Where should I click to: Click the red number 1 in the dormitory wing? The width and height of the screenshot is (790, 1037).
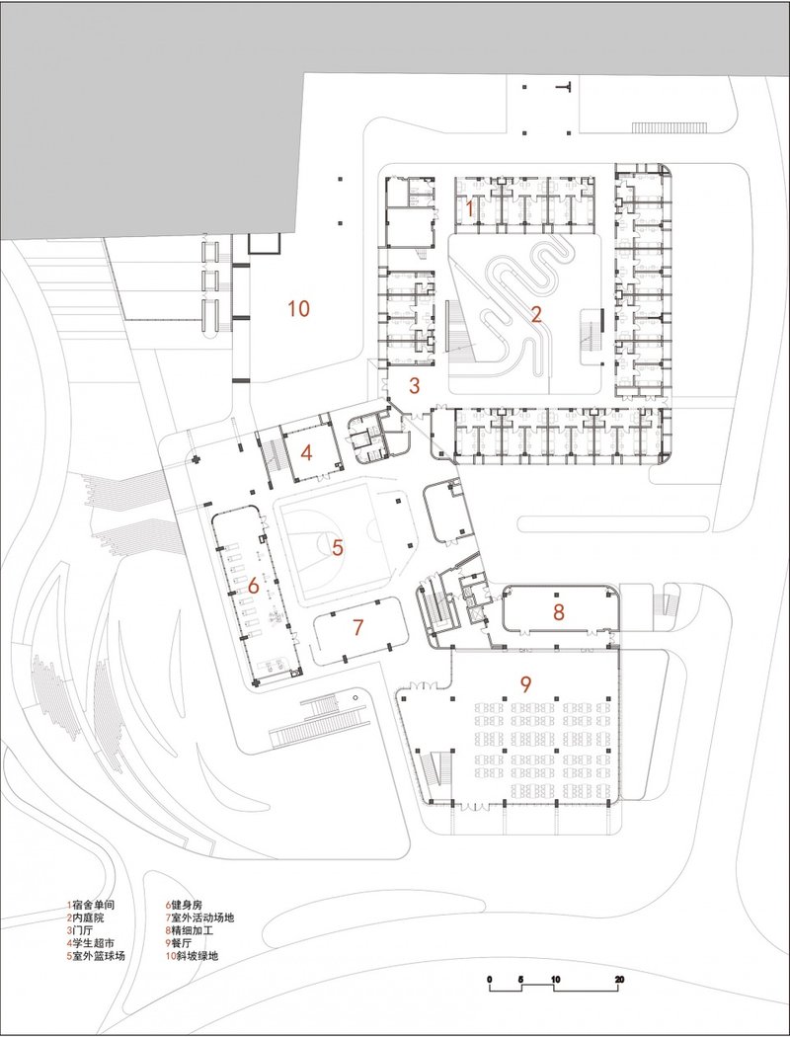(x=471, y=208)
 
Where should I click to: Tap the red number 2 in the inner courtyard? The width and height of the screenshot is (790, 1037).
(x=536, y=315)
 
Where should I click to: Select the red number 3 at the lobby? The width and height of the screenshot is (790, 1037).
(x=415, y=385)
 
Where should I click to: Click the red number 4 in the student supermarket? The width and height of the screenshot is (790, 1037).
(x=307, y=454)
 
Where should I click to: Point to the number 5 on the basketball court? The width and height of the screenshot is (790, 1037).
(x=337, y=546)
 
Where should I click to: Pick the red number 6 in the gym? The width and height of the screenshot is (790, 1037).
(x=253, y=586)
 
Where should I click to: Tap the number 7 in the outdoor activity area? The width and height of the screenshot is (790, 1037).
(x=358, y=626)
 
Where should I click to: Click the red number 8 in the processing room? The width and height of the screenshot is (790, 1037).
(x=558, y=611)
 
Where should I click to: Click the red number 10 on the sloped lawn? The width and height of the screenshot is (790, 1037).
(x=298, y=309)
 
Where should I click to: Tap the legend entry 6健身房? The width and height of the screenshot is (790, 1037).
(x=187, y=904)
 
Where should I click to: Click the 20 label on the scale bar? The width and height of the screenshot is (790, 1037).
(x=619, y=979)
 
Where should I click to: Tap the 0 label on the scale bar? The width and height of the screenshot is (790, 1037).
(x=491, y=979)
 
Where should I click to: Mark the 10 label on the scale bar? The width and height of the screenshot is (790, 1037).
(x=555, y=979)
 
